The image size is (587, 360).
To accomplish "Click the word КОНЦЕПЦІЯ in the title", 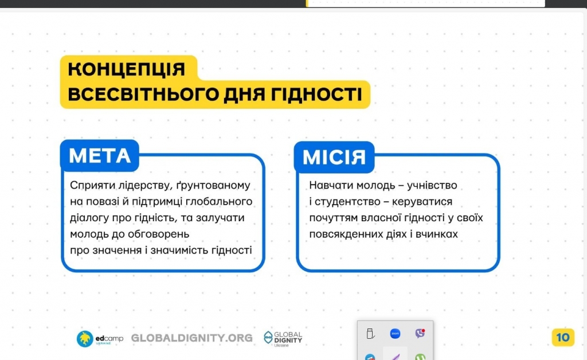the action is click(x=127, y=69).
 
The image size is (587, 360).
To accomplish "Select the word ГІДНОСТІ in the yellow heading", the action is click(x=316, y=94).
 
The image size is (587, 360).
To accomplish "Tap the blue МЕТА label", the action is click(x=100, y=156).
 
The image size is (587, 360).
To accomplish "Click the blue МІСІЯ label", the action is click(x=334, y=157).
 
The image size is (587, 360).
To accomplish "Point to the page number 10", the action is click(x=563, y=338).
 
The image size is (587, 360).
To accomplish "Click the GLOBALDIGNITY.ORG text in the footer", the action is click(x=191, y=338).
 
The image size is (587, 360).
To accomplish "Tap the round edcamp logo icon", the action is click(x=85, y=339).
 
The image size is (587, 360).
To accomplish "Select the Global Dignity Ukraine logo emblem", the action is click(x=268, y=338).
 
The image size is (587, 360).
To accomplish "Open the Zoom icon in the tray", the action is click(x=395, y=334).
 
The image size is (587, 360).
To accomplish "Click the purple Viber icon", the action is click(x=420, y=333).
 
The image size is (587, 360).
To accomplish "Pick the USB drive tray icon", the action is click(x=370, y=334).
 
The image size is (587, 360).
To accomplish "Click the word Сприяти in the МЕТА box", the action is click(x=92, y=185).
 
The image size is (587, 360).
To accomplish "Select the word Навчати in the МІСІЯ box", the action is click(x=331, y=185).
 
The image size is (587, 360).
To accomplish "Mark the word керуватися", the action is click(x=422, y=202).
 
